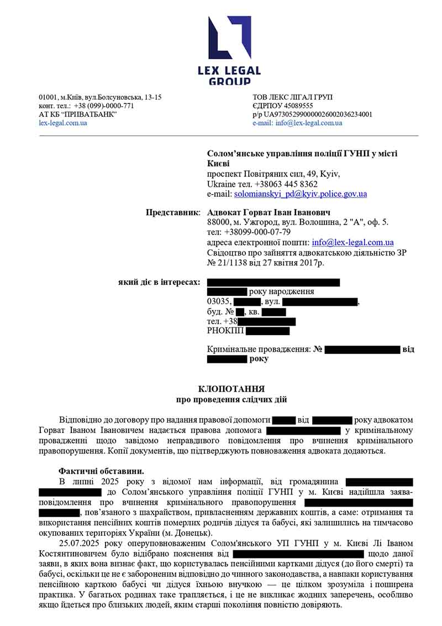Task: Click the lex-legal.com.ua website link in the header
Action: [62, 123]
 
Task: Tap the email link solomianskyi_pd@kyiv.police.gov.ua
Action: [300, 194]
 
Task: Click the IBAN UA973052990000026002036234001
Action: [318, 114]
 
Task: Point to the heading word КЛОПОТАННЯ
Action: [231, 389]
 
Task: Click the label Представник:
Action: [173, 212]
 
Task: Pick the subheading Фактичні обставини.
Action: [101, 471]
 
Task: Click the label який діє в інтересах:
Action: [159, 282]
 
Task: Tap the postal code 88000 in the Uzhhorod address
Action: [218, 222]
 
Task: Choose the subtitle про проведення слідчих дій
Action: [231, 399]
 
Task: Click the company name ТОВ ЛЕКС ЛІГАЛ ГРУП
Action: [292, 97]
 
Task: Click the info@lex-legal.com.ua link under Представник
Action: [352, 242]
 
